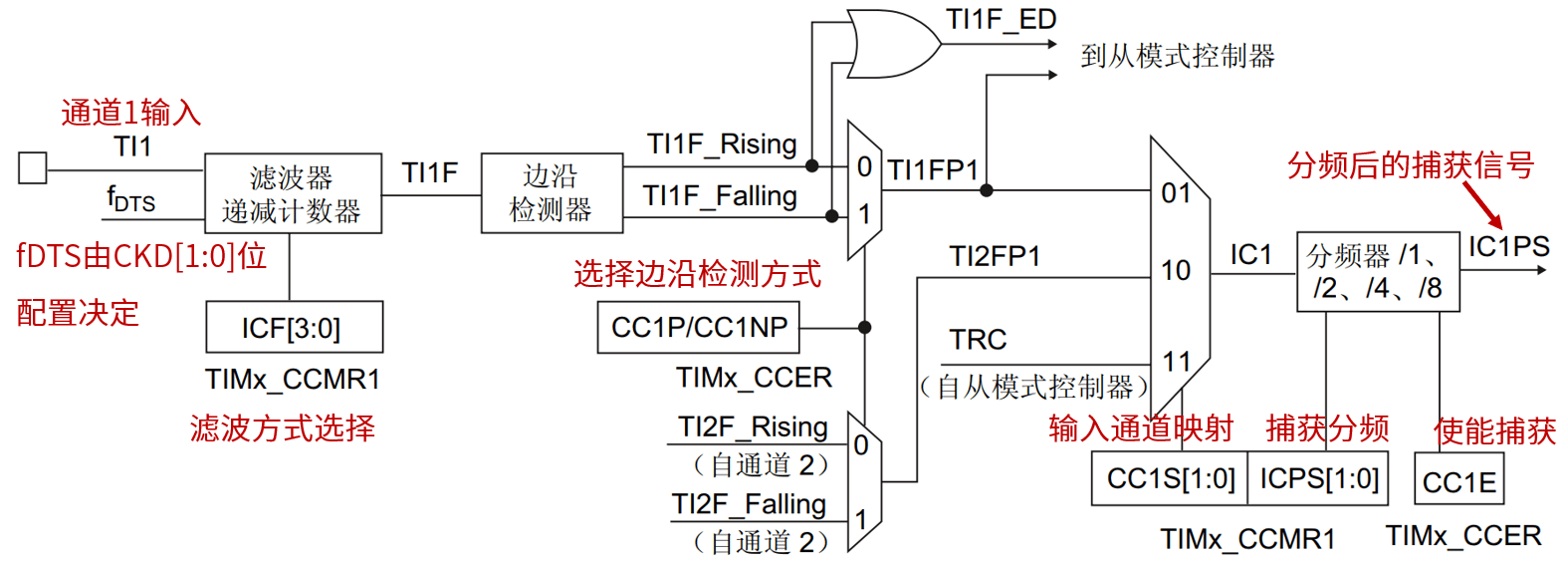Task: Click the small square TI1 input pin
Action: [x=32, y=168]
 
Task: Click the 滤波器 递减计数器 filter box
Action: [x=293, y=193]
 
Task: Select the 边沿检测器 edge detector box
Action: [x=552, y=192]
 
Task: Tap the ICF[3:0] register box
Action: [x=294, y=327]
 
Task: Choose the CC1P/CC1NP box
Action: [x=698, y=327]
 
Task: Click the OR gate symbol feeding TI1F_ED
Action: [x=891, y=45]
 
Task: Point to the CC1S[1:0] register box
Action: [x=1170, y=478]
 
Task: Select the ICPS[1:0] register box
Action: [x=1319, y=478]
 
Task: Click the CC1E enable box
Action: [x=1458, y=481]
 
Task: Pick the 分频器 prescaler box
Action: [x=1377, y=272]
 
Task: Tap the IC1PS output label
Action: [x=1508, y=246]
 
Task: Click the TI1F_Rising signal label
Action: [x=722, y=144]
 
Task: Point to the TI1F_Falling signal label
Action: [x=720, y=195]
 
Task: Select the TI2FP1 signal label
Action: [x=995, y=257]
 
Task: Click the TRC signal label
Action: [x=978, y=340]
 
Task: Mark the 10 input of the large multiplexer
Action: [x=1176, y=270]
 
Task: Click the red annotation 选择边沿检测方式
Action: [x=697, y=274]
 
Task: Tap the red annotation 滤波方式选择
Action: [x=283, y=428]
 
